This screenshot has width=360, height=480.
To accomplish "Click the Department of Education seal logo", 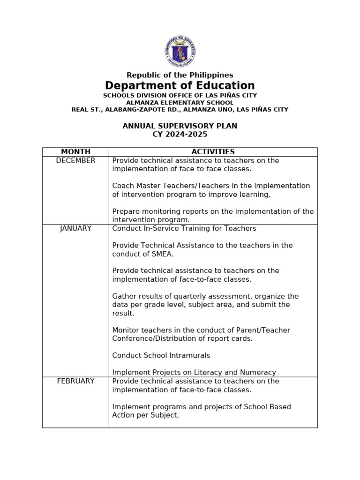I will tap(180, 51).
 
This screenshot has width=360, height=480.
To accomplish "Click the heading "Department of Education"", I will tap(180, 86).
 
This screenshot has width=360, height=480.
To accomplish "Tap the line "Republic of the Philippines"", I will tap(180, 75).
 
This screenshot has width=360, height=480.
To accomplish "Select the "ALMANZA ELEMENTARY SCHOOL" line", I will tap(180, 103).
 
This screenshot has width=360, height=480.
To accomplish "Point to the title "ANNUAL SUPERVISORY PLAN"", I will tap(180, 126).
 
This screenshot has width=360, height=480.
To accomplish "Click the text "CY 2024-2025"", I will tap(180, 135).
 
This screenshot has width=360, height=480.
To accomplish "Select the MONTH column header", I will tap(75, 152).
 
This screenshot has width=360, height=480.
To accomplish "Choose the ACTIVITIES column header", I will tap(213, 152).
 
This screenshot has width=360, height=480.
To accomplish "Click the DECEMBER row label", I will tap(75, 160).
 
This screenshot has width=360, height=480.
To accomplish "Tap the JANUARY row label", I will tap(75, 228).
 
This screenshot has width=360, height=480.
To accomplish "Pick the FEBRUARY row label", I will tap(75, 381).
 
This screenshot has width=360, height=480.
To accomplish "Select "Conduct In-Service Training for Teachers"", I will tap(184, 228).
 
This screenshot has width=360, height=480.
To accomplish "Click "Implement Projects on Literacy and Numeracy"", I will tap(194, 373).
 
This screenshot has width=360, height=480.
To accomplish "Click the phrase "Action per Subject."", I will tap(145, 415).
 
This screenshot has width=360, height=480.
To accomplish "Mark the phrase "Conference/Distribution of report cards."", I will tap(182, 338).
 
